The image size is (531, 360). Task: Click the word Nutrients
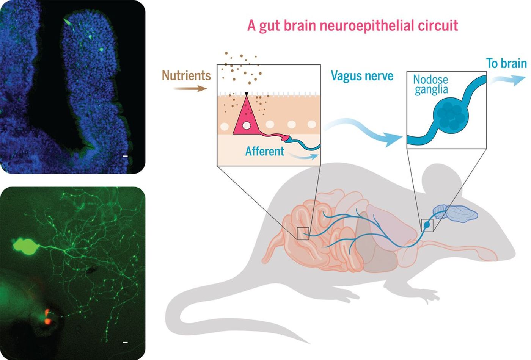[186, 75]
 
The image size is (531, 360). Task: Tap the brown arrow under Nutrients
[190, 89]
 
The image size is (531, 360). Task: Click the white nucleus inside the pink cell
[246, 125]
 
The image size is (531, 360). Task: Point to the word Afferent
[265, 151]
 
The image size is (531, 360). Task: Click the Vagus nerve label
[362, 76]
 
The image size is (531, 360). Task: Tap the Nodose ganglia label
[431, 85]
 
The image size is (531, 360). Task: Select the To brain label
[506, 64]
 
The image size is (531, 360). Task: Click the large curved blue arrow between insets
[363, 131]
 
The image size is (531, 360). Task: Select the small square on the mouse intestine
[303, 233]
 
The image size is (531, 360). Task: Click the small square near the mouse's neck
[427, 225]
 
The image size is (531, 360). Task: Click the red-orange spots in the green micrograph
[47, 317]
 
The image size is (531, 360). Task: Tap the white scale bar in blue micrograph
[126, 156]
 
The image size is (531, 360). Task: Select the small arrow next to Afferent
[303, 156]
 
